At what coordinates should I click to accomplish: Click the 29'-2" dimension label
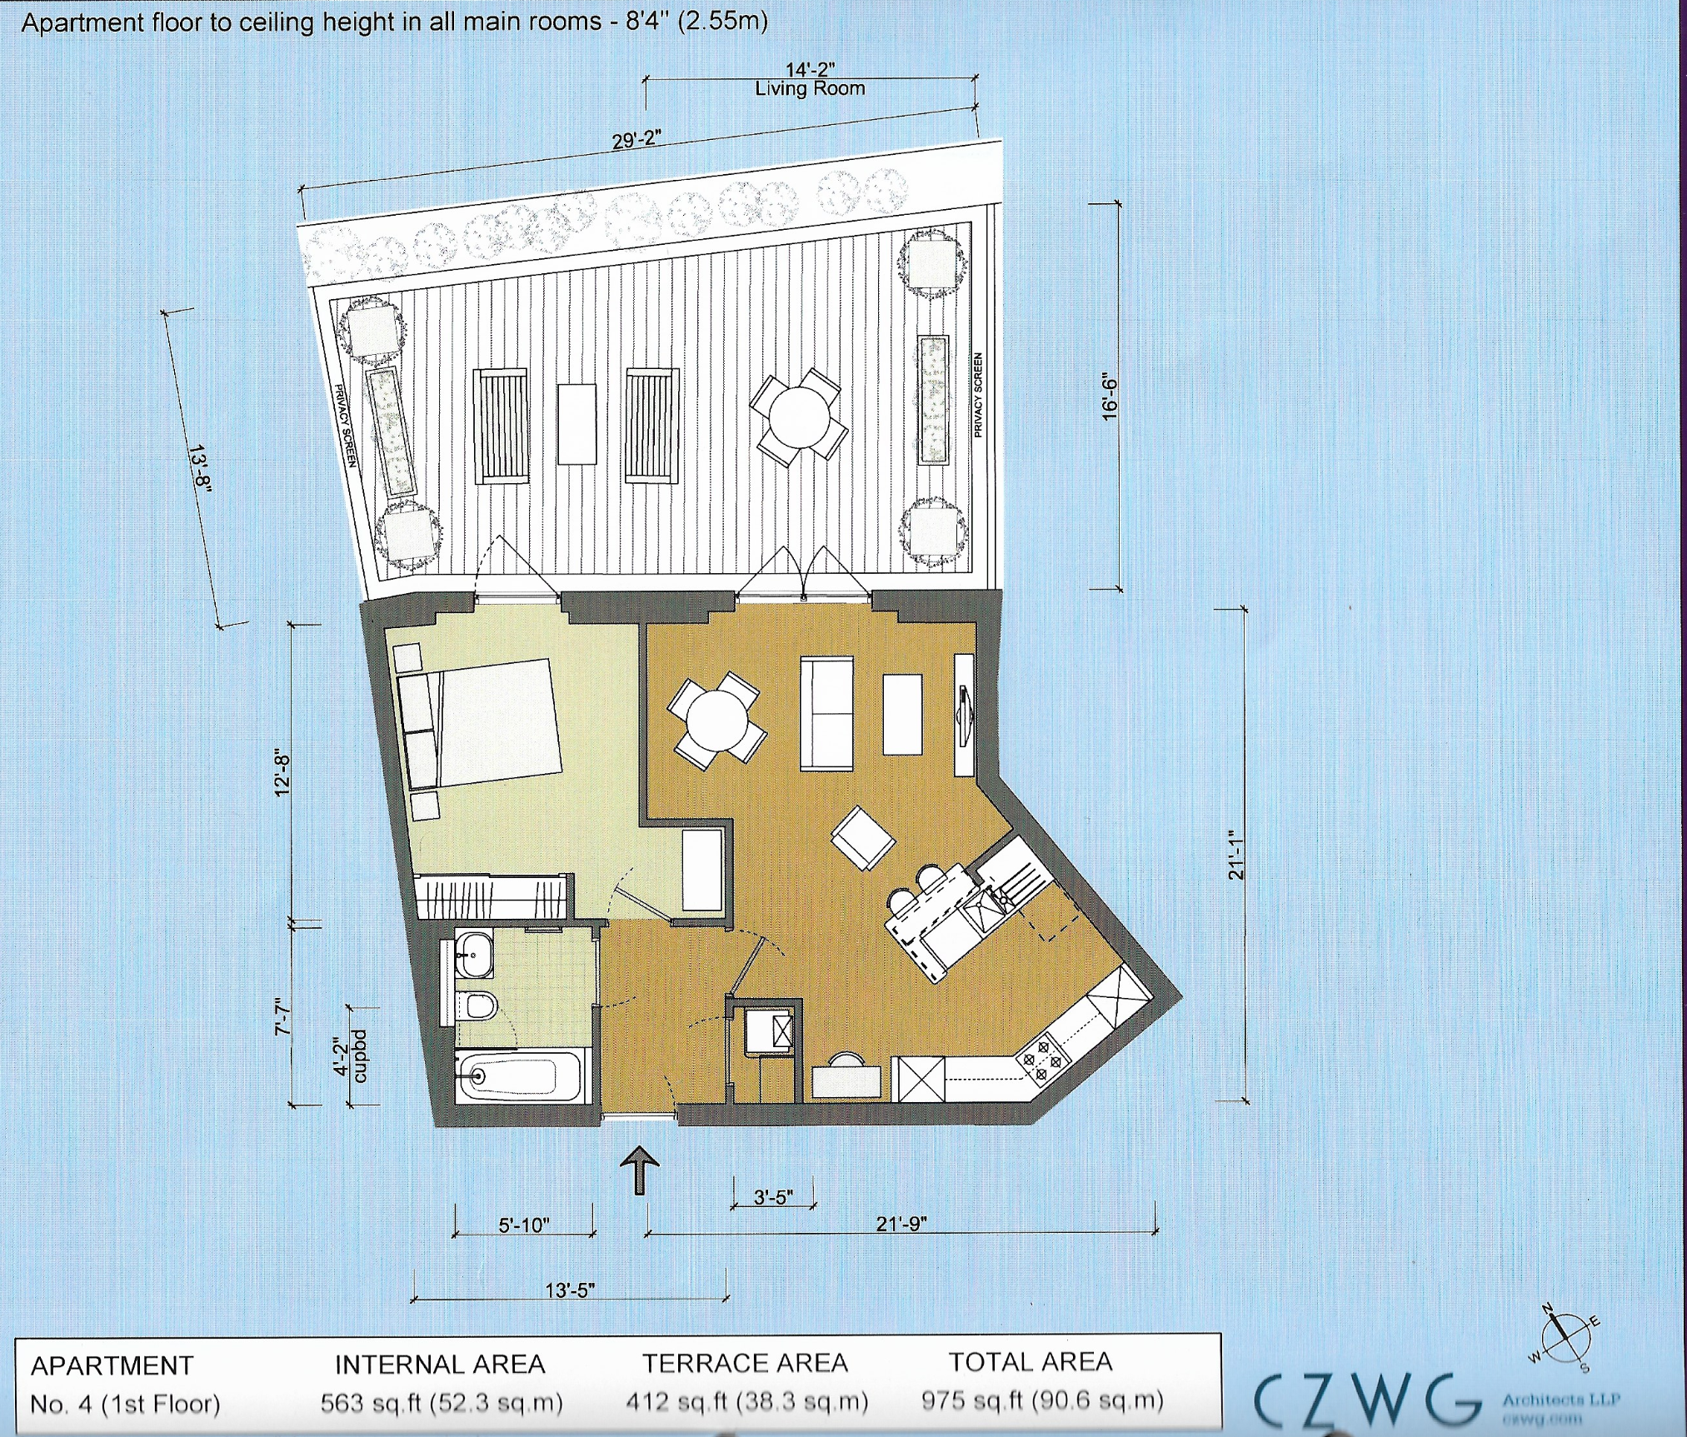point(636,140)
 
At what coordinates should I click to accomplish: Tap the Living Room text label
point(810,88)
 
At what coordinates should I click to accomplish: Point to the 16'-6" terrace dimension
point(1110,396)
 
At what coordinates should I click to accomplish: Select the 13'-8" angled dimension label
point(200,468)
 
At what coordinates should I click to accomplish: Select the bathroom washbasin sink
point(474,954)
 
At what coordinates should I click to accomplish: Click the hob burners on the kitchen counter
point(1042,1062)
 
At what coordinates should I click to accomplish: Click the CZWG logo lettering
point(1366,1400)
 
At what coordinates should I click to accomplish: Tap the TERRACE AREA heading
point(745,1363)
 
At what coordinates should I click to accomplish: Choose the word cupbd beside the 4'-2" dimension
point(359,1055)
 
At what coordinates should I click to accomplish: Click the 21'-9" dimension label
point(901,1224)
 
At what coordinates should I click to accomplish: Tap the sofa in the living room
point(826,713)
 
